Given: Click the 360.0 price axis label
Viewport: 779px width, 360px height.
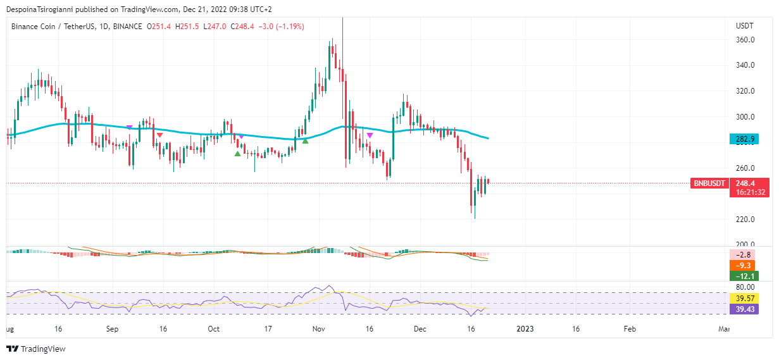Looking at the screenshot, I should (745, 40).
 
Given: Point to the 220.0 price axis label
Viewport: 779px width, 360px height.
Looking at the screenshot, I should (745, 220).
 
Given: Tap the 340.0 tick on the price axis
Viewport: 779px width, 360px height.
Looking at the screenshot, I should (745, 65).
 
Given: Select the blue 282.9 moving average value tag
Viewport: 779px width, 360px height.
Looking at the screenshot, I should (744, 139).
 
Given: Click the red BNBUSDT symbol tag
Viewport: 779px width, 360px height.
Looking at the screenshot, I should (709, 183).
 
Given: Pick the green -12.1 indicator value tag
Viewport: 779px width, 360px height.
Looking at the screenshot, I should (744, 276).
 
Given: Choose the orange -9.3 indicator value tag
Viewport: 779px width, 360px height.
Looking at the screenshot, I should (744, 265).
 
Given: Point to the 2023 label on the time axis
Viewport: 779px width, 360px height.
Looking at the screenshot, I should (525, 329).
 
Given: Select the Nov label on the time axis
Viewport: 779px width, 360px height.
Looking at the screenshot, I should (319, 329).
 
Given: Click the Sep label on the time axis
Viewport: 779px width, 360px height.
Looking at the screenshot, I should (112, 329).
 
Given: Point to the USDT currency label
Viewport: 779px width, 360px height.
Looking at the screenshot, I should (745, 26).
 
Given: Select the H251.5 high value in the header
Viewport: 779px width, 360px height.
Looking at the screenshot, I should (187, 27).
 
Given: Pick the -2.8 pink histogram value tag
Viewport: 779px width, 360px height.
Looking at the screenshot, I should (744, 254).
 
